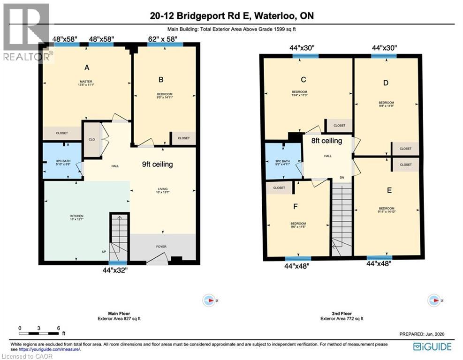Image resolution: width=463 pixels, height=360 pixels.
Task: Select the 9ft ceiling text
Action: [x=158, y=164]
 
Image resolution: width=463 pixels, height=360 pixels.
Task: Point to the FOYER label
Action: [x=161, y=247]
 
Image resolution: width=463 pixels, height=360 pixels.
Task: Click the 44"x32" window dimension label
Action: [x=117, y=270]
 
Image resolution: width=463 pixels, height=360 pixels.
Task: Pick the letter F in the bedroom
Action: [x=296, y=206]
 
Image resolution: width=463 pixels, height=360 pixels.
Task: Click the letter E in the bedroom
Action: [x=389, y=190]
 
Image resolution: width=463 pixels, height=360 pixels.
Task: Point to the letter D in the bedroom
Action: [x=386, y=83]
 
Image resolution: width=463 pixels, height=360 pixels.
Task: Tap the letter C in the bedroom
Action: [x=304, y=79]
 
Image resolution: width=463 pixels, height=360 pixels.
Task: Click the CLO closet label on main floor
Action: [x=92, y=139]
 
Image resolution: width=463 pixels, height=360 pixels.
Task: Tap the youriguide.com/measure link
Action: [x=49, y=349]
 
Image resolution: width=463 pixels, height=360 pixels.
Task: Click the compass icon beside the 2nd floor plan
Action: [x=434, y=300]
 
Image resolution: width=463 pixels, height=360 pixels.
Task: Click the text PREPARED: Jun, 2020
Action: [x=421, y=334]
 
